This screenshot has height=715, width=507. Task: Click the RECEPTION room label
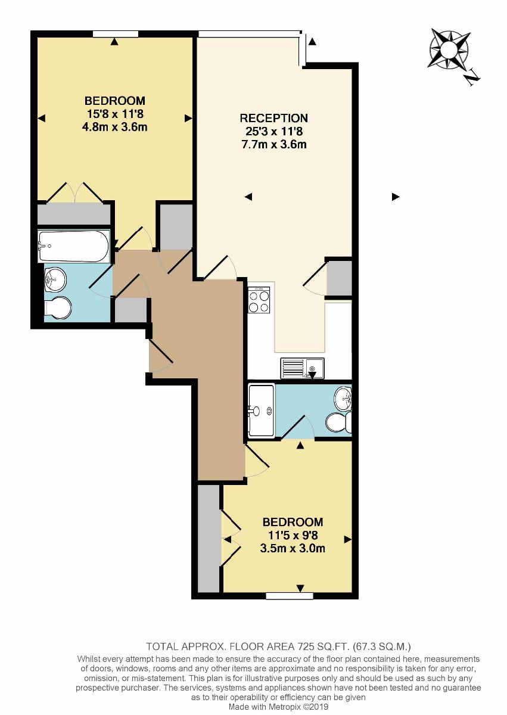(274, 118)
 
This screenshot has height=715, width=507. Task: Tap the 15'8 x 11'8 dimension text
(115, 114)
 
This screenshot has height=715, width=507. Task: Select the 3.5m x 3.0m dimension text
(293, 548)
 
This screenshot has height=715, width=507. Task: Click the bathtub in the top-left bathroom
(74, 247)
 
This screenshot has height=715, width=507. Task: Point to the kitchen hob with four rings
(259, 300)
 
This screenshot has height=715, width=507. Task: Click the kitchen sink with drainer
(303, 368)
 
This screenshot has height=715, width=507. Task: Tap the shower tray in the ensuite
(262, 411)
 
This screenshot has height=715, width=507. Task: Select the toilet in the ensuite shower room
(339, 422)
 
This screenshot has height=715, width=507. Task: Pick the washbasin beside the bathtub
(55, 279)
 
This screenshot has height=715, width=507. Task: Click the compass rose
(449, 49)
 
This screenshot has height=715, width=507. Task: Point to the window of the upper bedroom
(116, 34)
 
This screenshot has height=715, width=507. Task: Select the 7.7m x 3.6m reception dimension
(274, 145)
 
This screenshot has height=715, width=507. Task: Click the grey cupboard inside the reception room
(340, 278)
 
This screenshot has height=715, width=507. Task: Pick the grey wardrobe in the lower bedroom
(209, 538)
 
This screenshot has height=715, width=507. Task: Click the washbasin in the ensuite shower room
(343, 399)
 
